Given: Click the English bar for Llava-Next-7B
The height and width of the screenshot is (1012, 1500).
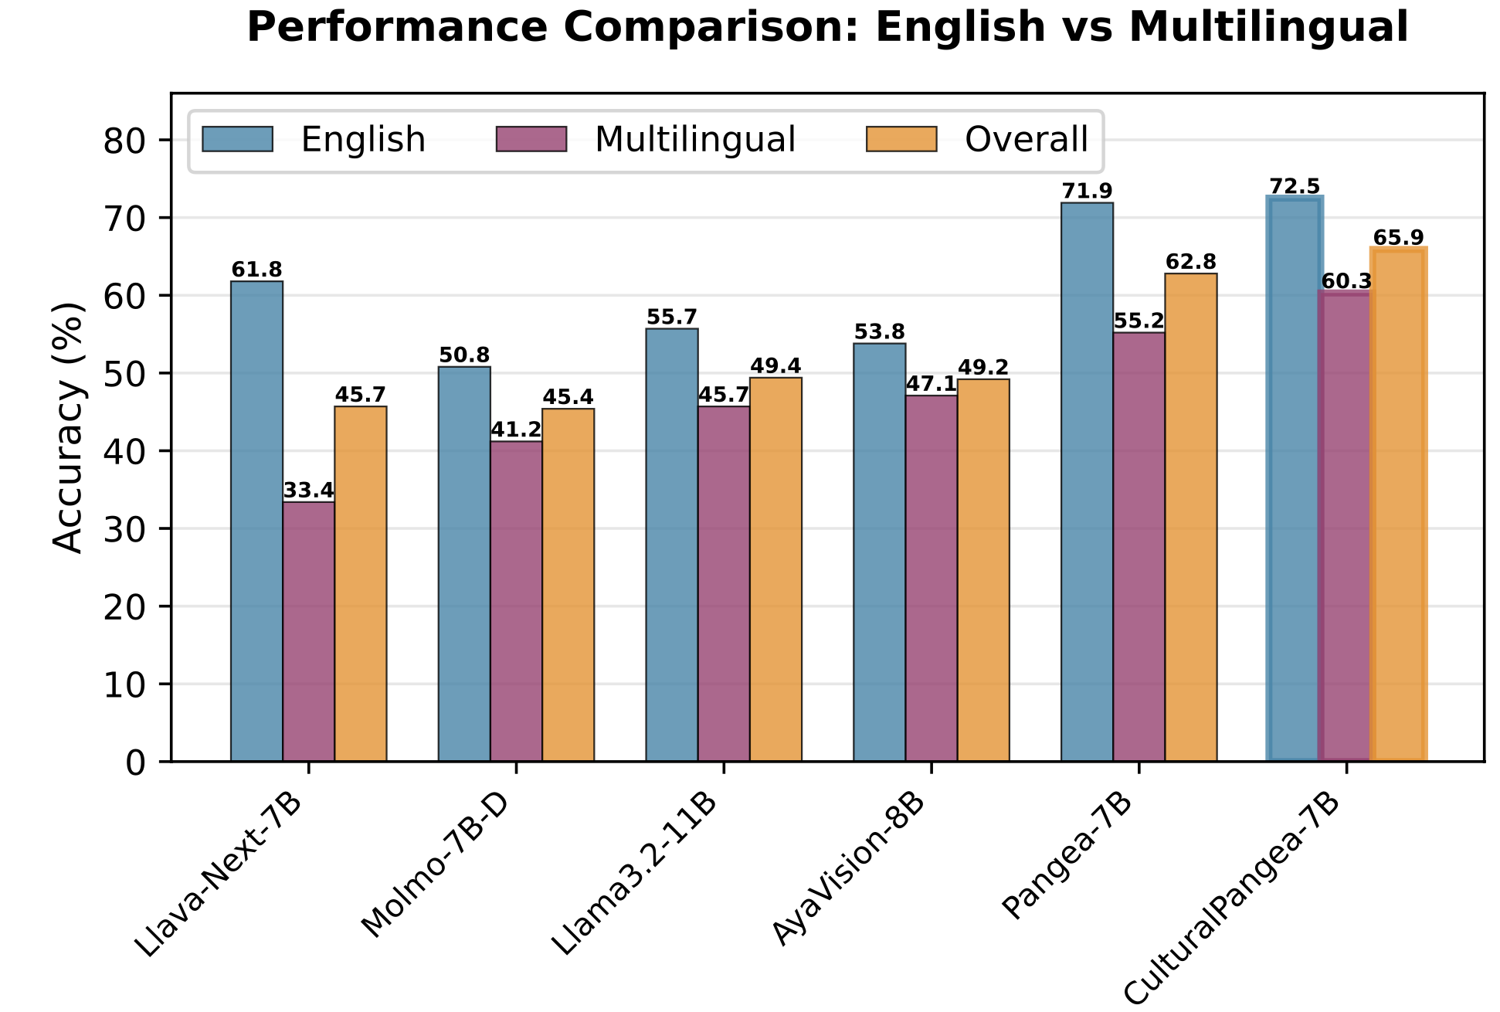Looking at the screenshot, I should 256,521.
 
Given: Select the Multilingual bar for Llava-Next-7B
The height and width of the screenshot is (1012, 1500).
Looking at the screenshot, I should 308,632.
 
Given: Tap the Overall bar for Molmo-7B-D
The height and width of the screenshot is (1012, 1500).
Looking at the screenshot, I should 568,585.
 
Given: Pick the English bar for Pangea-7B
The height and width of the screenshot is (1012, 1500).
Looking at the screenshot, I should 1087,482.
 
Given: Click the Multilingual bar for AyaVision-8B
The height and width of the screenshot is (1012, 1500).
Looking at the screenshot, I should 931,579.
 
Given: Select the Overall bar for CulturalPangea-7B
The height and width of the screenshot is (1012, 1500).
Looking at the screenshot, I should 1398,504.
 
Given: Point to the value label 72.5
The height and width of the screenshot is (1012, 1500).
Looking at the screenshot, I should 1295,187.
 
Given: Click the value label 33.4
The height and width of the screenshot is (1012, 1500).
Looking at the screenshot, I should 308,491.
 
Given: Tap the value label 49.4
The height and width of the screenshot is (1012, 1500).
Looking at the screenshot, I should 775,366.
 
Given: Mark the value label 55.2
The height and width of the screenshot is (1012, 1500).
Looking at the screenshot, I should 1139,321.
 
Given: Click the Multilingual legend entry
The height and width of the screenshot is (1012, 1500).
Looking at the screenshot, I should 694,140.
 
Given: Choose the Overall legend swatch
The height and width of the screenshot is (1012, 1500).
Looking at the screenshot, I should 901,140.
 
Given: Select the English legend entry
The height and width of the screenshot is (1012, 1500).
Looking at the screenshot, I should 363,140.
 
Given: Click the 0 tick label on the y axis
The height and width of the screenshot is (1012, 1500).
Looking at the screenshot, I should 135,762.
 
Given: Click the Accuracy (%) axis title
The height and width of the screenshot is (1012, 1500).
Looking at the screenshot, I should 68,427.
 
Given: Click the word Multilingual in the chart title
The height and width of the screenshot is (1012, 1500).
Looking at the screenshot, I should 1268,28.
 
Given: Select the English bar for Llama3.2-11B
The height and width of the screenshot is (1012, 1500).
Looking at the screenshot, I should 672,545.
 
